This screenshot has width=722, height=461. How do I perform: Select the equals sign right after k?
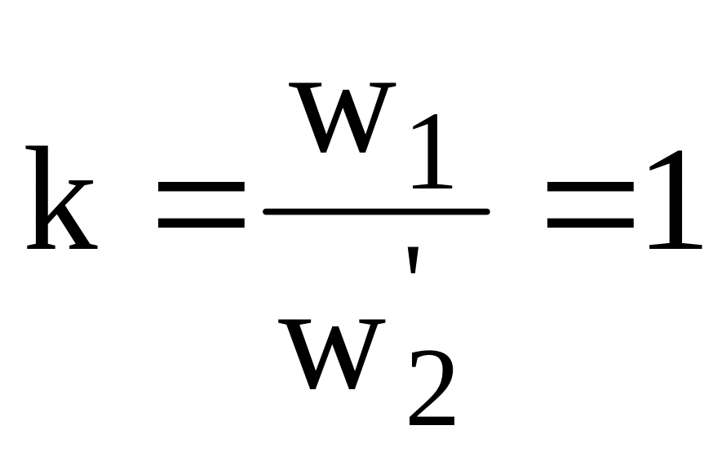202,205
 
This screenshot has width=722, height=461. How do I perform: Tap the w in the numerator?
342,117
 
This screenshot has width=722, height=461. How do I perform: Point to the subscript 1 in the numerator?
432,152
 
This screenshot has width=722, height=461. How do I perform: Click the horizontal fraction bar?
376,212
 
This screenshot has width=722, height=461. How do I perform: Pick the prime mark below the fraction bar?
413,260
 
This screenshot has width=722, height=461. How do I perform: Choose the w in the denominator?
331,354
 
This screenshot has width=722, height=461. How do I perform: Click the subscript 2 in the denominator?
432,388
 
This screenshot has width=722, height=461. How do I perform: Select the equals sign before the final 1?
591,205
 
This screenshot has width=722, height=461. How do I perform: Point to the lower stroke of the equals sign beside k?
202,224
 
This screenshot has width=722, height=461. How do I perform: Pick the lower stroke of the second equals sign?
591,224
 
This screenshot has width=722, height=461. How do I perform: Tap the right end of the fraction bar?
487,212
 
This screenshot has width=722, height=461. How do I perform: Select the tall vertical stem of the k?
42,198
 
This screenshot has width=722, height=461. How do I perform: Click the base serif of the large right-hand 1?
675,248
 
